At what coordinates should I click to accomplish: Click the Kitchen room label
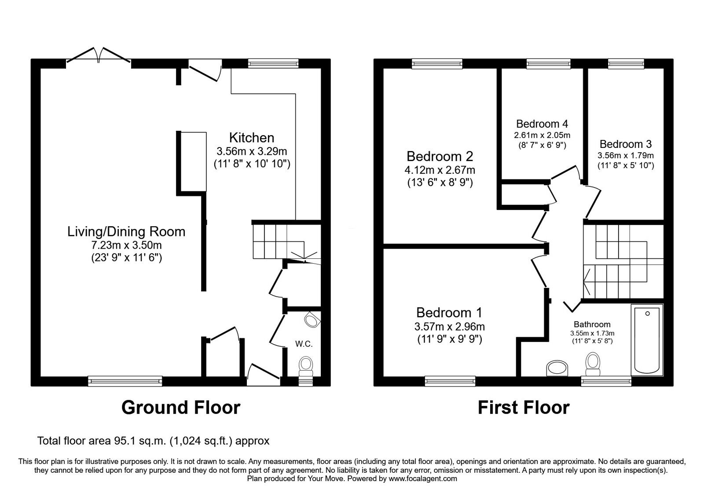pos(252,138)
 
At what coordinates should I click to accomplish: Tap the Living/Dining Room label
pos(126,232)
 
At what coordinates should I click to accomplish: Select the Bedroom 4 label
pos(542,124)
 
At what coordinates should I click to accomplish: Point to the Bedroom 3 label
pos(625,144)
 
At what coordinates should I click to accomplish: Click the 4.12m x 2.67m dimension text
pos(440,170)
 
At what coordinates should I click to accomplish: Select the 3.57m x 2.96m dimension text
pos(449,327)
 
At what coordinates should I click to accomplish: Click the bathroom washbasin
pos(557,368)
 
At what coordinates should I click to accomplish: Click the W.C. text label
pos(304,344)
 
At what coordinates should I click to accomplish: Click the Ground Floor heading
pos(181,408)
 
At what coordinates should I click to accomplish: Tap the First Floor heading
pos(523,408)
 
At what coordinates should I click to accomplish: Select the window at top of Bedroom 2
pos(437,64)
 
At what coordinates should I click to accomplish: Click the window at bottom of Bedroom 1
pos(450,381)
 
